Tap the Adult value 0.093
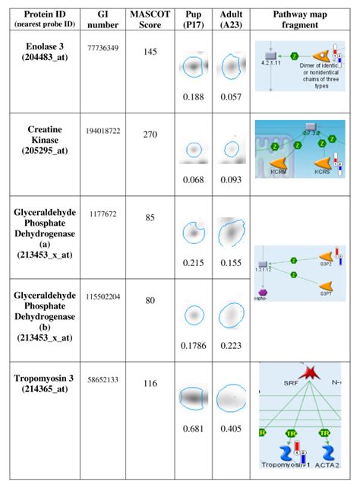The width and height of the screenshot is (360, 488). pos(231,179)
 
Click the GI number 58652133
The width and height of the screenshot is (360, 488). pos(105,379)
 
